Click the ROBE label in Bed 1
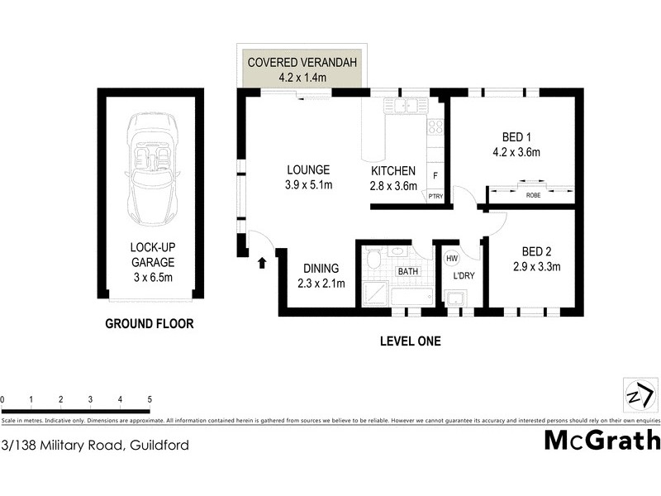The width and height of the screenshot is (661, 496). (x=533, y=196)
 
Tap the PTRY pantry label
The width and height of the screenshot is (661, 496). (x=435, y=196)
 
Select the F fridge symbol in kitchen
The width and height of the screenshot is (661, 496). (x=435, y=175)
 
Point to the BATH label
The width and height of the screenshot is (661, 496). (x=408, y=271)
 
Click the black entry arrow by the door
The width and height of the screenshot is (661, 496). (x=262, y=264)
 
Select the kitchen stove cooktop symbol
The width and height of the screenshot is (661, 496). (x=435, y=126)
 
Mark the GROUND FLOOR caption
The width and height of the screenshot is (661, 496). (x=149, y=324)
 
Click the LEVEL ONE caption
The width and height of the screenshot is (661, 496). (x=410, y=341)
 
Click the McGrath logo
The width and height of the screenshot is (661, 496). (x=602, y=439)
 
